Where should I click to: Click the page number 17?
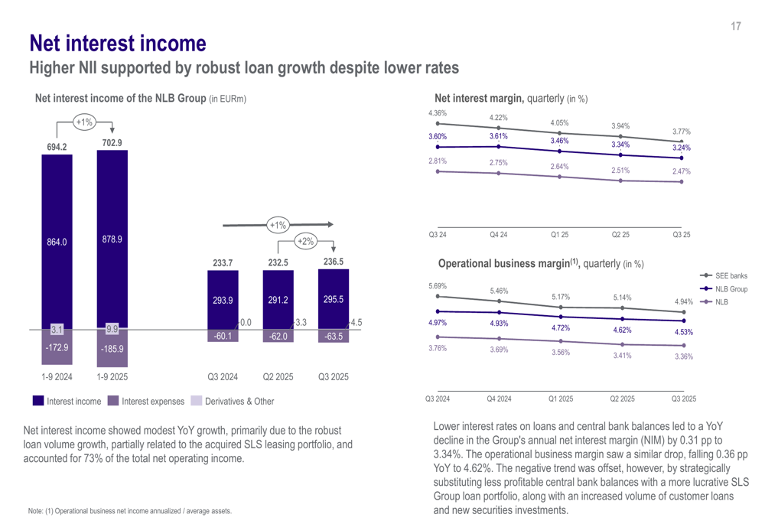(735, 27)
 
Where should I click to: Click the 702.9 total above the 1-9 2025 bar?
(112, 142)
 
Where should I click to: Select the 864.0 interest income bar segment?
(57, 242)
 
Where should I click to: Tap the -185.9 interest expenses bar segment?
(112, 348)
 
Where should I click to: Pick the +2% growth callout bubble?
(305, 241)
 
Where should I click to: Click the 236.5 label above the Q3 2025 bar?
(333, 262)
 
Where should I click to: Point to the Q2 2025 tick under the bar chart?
(278, 377)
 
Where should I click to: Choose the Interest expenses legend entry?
(152, 401)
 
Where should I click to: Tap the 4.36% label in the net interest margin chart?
(437, 113)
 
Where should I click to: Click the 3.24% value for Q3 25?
(681, 148)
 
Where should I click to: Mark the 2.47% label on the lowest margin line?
(681, 172)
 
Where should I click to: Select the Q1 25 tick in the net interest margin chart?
(559, 235)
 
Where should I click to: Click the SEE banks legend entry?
(731, 275)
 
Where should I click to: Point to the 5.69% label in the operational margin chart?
(437, 286)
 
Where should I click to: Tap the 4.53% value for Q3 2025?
(683, 333)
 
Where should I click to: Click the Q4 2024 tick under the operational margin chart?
(499, 399)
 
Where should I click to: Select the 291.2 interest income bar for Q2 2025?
(278, 301)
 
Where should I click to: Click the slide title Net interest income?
(117, 42)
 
